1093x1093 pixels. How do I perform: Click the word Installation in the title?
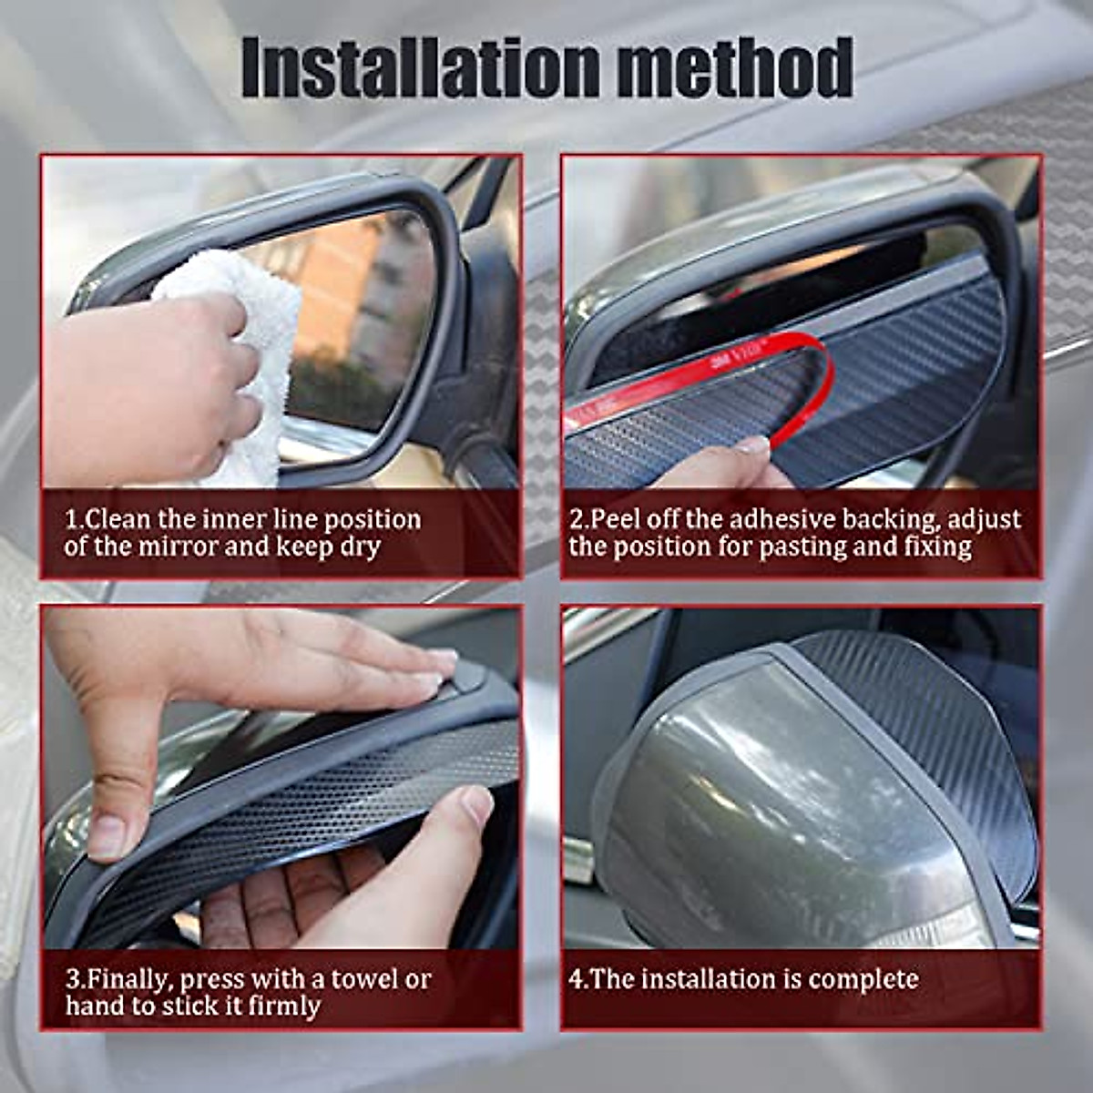tap(420, 68)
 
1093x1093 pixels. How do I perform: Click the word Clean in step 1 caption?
tap(119, 519)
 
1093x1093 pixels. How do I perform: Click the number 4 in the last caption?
tap(576, 980)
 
